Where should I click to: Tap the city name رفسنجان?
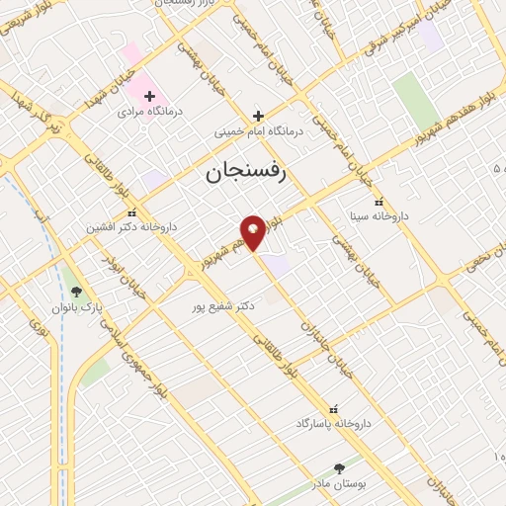coord(245,173)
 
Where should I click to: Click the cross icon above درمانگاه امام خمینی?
coord(258,115)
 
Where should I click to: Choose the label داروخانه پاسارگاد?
coord(332,422)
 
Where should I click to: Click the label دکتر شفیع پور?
coord(223,306)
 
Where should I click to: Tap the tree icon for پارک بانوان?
coord(77,292)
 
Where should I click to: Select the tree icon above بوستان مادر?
coord(339,467)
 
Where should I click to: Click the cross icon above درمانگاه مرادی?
coord(149,97)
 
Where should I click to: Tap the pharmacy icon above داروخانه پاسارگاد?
coord(332,407)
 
